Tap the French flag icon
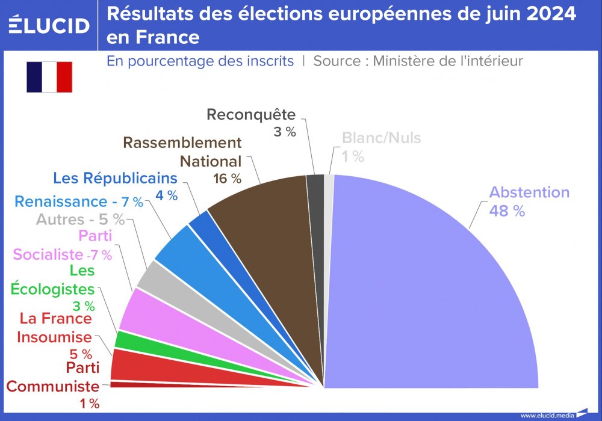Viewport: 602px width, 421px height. (x=49, y=77)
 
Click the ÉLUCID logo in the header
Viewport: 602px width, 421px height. (x=49, y=25)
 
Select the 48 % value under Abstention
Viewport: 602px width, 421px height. (x=506, y=211)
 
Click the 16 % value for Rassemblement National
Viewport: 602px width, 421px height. (x=227, y=179)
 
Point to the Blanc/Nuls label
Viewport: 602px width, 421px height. (x=381, y=138)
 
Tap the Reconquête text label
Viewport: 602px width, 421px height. (x=251, y=114)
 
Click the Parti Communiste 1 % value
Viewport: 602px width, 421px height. (x=89, y=404)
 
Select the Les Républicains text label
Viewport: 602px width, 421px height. (x=115, y=178)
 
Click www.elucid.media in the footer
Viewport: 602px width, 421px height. (x=547, y=415)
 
